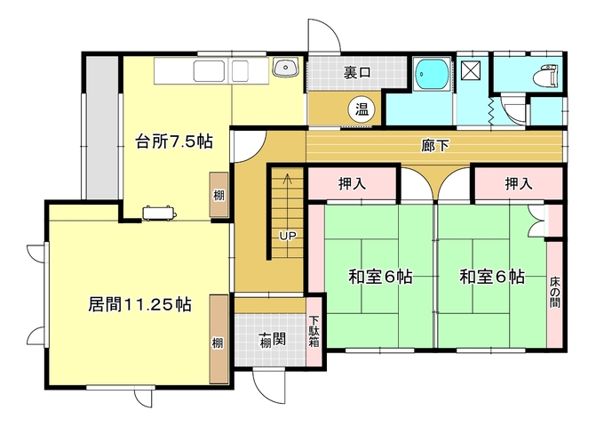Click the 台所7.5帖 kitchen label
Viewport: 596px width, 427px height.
point(174,142)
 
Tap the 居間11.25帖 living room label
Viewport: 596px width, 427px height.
point(139,304)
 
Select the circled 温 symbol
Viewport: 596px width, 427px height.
point(362,109)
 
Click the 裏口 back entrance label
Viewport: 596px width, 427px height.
point(356,72)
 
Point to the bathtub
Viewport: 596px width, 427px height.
point(432,74)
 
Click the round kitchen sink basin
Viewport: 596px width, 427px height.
point(286,68)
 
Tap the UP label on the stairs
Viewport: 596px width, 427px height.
point(288,236)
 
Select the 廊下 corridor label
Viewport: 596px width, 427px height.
point(435,146)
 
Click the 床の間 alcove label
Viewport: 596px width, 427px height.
point(554,292)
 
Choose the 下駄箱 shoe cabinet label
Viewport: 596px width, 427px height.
point(314,331)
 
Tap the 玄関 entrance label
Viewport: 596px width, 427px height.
point(272,340)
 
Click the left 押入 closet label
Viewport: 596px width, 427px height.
point(353,184)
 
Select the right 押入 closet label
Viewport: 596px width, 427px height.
point(519,184)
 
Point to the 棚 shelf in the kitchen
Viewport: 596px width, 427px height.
point(219,196)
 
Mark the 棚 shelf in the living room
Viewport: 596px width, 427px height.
point(219,340)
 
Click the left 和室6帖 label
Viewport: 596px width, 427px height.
point(380,277)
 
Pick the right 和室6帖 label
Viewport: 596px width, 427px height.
point(492,277)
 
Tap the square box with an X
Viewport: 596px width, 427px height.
point(471,70)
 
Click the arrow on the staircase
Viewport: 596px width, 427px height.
point(287,180)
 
